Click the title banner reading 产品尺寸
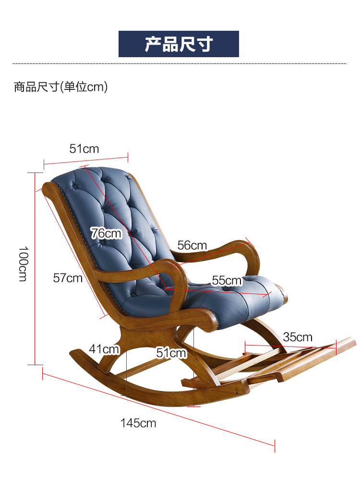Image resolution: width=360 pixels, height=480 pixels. click(179, 44)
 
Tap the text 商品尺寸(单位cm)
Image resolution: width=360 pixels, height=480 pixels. click(60, 87)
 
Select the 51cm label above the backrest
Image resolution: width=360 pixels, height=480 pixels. click(84, 149)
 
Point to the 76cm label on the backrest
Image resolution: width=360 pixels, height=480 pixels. click(106, 234)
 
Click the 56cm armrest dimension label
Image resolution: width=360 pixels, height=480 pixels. click(192, 245)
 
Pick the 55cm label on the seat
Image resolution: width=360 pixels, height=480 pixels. click(227, 281)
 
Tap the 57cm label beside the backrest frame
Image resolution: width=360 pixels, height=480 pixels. click(68, 278)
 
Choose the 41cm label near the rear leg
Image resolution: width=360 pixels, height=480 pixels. click(104, 349)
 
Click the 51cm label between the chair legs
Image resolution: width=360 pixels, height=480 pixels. click(171, 353)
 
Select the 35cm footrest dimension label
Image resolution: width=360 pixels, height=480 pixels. click(298, 337)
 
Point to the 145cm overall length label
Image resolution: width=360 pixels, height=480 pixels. click(138, 423)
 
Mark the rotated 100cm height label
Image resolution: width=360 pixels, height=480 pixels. click(23, 264)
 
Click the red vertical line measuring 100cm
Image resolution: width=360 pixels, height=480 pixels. click(35, 269)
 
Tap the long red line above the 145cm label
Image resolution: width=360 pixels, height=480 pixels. click(158, 409)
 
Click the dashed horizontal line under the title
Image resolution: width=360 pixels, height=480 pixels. click(179, 64)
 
